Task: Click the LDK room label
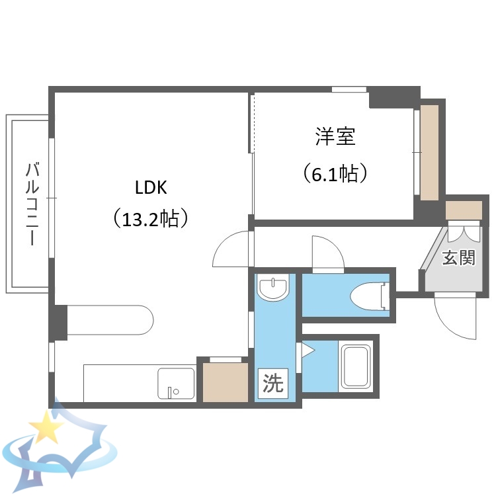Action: coord(151,188)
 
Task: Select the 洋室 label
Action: coord(335,138)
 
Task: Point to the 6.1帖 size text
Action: coord(335,173)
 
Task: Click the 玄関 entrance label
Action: coord(458,257)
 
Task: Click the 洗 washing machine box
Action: coord(272,384)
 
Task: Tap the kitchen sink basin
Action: coord(176,383)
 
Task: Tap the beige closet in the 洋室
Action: coord(429,152)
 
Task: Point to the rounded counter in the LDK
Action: coord(109,320)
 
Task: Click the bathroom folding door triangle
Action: coord(307,350)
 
